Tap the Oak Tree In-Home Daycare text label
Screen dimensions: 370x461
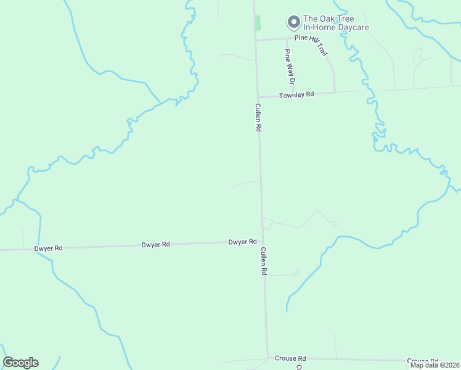point(336,23)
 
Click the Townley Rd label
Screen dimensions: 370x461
point(296,95)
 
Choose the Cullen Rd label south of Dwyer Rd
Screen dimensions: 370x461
point(263,261)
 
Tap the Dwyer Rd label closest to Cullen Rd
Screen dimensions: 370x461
point(242,242)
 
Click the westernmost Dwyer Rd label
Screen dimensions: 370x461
point(49,248)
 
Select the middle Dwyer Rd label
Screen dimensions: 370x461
point(155,245)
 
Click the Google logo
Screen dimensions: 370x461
point(20,363)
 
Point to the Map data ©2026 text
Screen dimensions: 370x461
point(434,365)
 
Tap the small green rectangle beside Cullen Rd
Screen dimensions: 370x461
point(258,23)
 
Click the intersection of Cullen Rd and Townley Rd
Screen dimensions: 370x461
point(258,97)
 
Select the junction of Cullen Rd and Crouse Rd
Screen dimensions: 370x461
point(268,357)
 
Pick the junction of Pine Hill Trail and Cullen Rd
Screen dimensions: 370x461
point(256,40)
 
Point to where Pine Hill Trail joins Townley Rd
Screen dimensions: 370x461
point(335,92)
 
